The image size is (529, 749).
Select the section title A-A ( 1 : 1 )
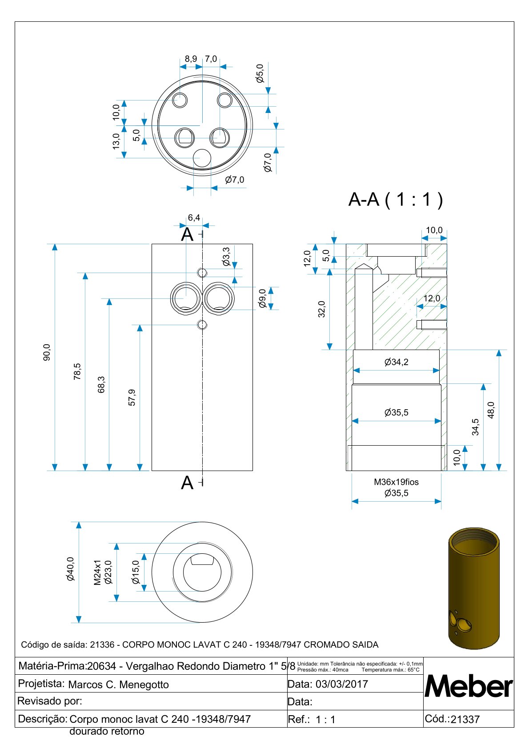pos(395,200)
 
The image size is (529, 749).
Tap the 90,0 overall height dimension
pos(47,352)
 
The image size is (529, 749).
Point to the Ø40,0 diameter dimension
pos(70,569)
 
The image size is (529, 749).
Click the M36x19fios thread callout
pos(396,482)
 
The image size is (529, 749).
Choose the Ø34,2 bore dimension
pos(396,362)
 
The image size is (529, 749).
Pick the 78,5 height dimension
pos(77,371)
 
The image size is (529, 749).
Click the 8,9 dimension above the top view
pos(191,59)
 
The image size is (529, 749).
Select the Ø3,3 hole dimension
pos(226,257)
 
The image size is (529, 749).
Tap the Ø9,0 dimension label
pos(262,298)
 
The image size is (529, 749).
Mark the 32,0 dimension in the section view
pos(321,309)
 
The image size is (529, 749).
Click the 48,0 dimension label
pos(491,410)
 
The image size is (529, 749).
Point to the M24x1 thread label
pos(98,572)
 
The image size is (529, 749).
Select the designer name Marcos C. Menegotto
pos(118,685)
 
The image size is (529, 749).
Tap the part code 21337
pos(465,720)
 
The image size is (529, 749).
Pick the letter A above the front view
pos(187,234)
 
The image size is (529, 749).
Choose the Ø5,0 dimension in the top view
pos(260,73)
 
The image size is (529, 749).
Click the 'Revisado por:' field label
pos(50,701)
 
